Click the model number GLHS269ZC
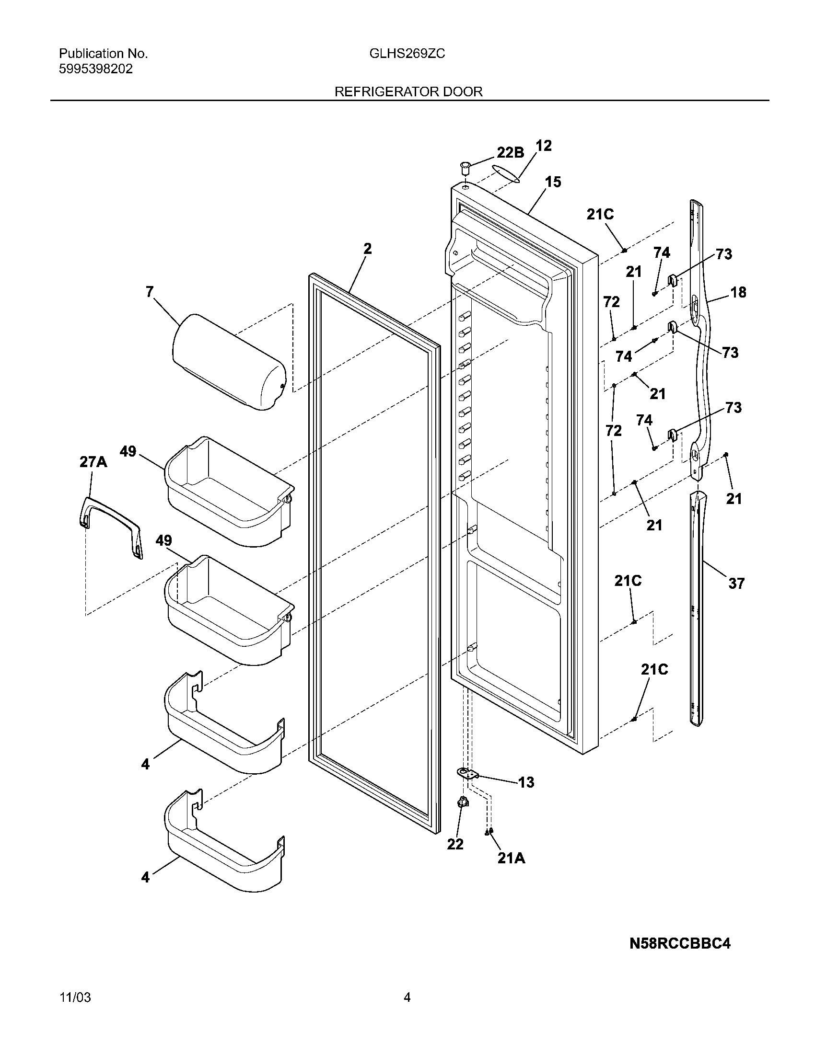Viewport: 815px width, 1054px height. (407, 54)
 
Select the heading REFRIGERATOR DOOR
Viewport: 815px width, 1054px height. (408, 92)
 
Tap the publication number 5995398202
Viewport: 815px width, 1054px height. (95, 69)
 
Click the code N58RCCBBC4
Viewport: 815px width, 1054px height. (680, 943)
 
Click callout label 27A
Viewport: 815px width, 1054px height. (93, 462)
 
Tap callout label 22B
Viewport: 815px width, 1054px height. (511, 152)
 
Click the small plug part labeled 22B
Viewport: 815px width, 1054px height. (465, 169)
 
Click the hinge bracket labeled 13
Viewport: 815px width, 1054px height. (467, 773)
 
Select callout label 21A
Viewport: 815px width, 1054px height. (512, 858)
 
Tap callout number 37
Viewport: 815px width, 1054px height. (736, 584)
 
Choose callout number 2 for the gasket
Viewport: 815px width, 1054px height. (367, 249)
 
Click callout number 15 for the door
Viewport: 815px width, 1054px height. (553, 182)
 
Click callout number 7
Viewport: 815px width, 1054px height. (150, 291)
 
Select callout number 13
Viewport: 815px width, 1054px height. (526, 782)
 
